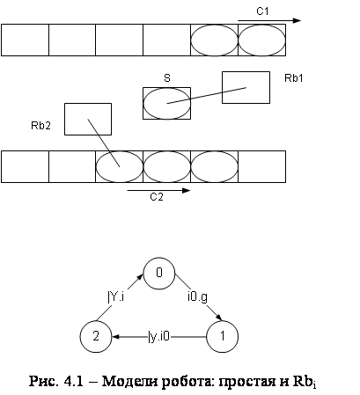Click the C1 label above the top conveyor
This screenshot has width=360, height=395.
tap(262, 11)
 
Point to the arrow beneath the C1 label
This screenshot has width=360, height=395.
tap(269, 20)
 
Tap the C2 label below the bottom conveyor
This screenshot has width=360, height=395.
tap(157, 197)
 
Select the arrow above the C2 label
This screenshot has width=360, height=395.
tap(158, 191)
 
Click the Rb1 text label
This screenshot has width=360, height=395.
tap(293, 78)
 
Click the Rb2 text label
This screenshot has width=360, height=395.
tap(40, 126)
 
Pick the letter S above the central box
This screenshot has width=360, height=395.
tap(167, 78)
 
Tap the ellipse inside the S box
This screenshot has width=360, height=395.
tap(167, 89)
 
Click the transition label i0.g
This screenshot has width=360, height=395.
tap(197, 296)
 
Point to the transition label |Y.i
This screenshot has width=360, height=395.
tap(116, 296)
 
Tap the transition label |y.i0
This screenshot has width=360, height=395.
tap(159, 336)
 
